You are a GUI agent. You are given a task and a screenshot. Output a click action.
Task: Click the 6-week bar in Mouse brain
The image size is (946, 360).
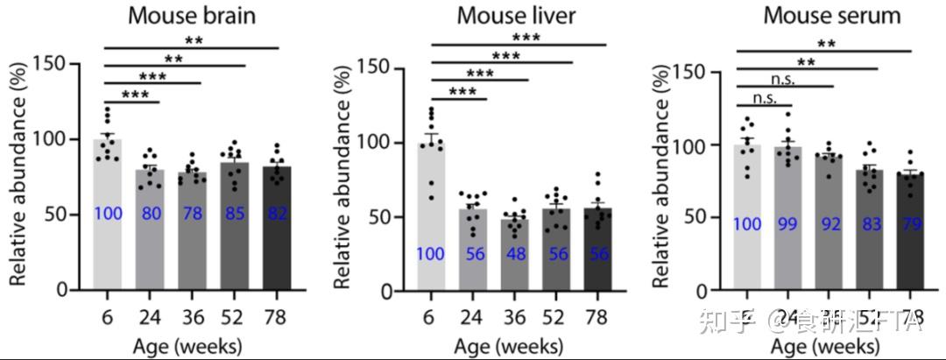[108, 215]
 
